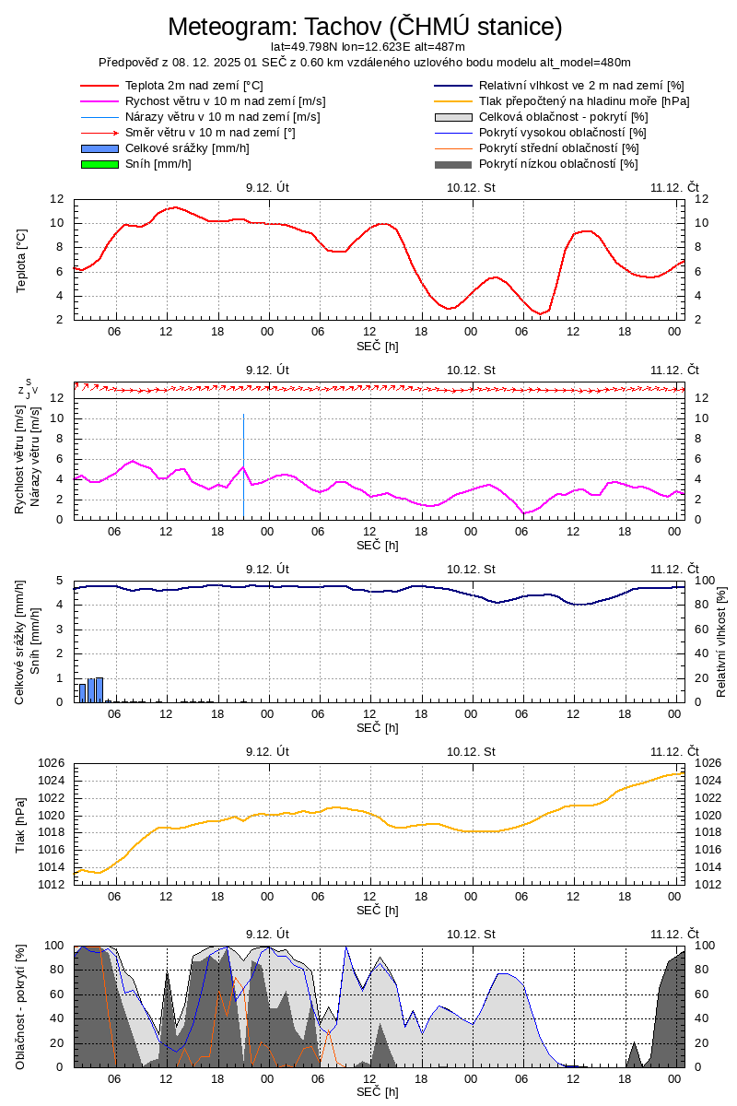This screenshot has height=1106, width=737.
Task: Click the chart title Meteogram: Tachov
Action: click(x=365, y=27)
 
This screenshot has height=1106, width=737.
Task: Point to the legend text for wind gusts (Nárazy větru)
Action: click(x=222, y=117)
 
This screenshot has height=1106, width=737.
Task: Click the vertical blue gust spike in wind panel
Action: click(x=243, y=465)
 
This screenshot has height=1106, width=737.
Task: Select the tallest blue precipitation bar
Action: click(x=99, y=688)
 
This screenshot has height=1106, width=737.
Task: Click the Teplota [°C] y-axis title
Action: click(x=21, y=260)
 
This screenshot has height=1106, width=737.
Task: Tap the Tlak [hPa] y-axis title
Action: click(x=21, y=824)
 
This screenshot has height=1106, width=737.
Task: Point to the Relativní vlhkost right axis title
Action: click(x=721, y=641)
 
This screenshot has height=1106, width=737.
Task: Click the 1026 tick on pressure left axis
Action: click(x=51, y=763)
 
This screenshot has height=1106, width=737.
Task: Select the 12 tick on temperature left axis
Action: click(x=56, y=199)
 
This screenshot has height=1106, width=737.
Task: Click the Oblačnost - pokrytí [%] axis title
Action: click(x=21, y=1006)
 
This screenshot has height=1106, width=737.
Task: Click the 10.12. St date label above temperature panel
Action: click(x=471, y=187)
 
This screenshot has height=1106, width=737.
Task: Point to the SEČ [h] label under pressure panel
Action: click(x=378, y=910)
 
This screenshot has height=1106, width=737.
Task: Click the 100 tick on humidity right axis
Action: click(x=703, y=581)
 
